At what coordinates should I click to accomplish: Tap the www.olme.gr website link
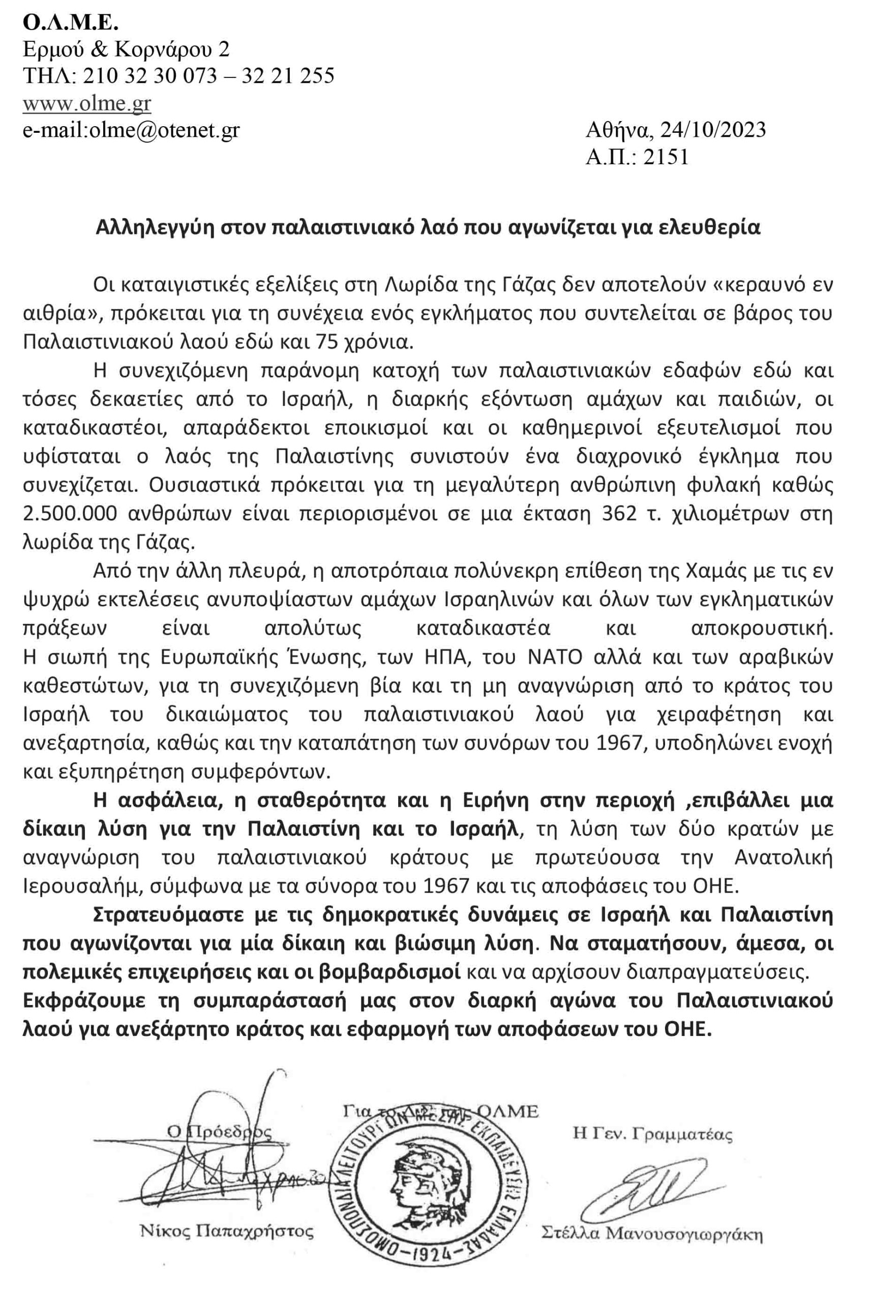(x=86, y=103)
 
